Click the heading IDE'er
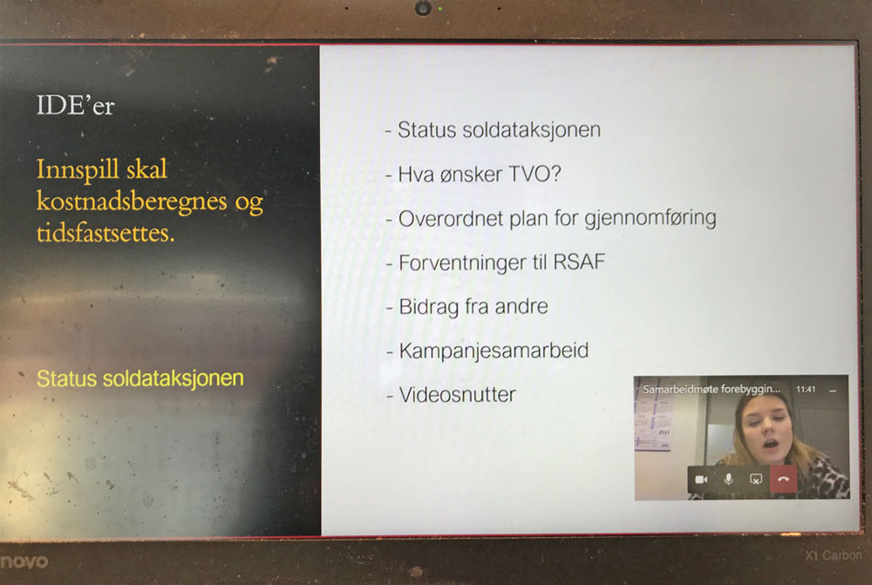[75, 105]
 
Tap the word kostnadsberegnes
[132, 201]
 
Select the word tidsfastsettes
[106, 233]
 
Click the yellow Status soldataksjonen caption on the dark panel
[140, 378]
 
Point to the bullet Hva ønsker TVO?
[473, 174]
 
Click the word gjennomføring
[651, 218]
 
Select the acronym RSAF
[579, 262]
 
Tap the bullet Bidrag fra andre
[467, 306]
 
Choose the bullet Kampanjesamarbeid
[487, 350]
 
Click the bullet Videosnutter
[451, 395]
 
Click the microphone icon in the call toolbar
[728, 480]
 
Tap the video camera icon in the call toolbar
[701, 480]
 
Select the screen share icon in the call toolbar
[756, 480]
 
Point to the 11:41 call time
[805, 389]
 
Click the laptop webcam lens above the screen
[423, 8]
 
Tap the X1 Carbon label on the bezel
[833, 555]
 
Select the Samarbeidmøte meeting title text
[712, 389]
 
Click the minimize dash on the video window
[833, 391]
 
